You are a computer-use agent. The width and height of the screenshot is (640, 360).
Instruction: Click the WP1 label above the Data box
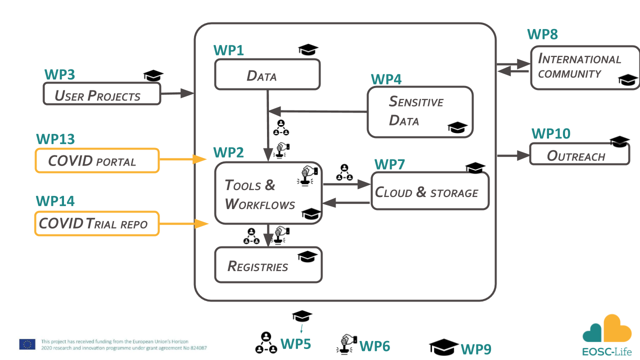[229, 50]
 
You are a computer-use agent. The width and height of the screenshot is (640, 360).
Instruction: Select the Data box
[267, 74]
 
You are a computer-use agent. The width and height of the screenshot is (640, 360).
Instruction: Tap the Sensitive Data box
[419, 111]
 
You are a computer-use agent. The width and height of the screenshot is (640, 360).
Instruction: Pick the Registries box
[268, 264]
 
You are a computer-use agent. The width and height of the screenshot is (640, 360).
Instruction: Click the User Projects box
[101, 93]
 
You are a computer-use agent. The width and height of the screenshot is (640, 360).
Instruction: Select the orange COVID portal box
[96, 160]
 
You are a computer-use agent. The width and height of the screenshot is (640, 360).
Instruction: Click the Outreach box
[579, 154]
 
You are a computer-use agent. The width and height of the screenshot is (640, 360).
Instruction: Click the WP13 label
[55, 138]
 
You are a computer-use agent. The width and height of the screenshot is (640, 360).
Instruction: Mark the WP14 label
[55, 201]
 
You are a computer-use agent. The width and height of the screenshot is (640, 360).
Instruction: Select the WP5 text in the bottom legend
[295, 344]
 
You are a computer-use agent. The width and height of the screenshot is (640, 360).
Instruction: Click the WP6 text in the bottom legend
[374, 345]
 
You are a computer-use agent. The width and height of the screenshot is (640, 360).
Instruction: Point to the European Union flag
[27, 344]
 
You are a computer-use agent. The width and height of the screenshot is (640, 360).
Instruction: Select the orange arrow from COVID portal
[183, 159]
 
